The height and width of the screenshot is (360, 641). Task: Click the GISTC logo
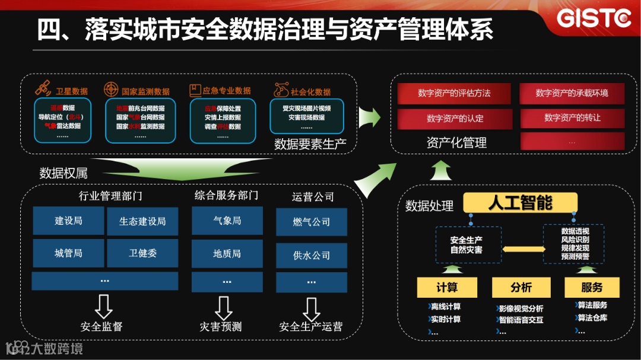[594, 18]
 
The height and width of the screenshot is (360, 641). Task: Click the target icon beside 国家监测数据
[111, 90]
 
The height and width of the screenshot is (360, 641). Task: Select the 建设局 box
[68, 221]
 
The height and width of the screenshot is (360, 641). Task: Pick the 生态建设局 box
[142, 221]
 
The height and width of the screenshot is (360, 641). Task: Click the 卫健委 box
[142, 253]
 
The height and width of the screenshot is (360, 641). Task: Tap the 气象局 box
[227, 221]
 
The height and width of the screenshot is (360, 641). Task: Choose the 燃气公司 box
[311, 222]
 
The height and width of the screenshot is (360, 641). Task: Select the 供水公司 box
[311, 255]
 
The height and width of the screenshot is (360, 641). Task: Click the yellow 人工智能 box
[520, 203]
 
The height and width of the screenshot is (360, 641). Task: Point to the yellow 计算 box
[447, 287]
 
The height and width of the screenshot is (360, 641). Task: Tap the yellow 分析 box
[521, 287]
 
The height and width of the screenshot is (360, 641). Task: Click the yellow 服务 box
[591, 287]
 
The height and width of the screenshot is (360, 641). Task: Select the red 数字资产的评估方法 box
[454, 93]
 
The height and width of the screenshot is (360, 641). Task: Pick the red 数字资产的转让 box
[572, 118]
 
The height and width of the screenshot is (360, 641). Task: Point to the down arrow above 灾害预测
[223, 307]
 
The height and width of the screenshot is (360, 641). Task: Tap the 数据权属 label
[64, 173]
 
